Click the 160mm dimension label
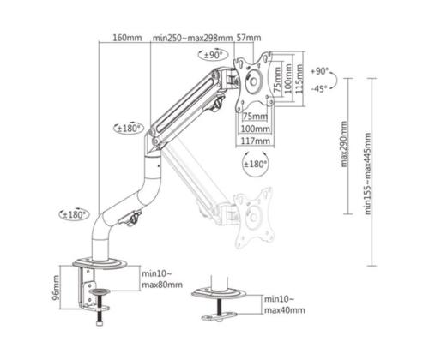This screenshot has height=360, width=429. pos(126,38)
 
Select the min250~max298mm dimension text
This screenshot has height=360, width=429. pos(193,38)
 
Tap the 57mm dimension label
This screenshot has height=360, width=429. pos(249,38)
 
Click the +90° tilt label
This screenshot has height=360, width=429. pos(320,71)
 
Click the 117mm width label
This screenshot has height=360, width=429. pos(256,141)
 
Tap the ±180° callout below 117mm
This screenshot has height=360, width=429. pos(256,163)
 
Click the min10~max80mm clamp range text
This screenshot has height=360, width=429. pos(160,278)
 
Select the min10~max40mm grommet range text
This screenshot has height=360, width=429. pos(285,304)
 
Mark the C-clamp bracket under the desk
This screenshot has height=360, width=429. pos(88,287)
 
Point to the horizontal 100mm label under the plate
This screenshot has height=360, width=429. pos(255,128)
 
